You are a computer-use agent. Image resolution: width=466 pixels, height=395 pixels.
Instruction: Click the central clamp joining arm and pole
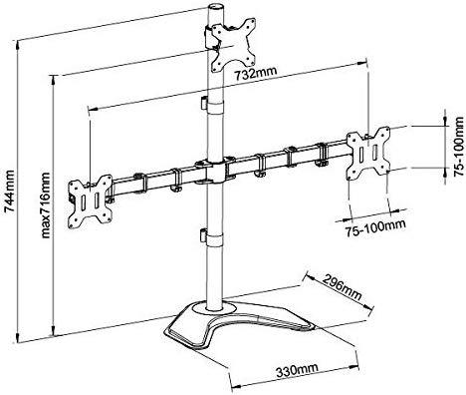click(x=210, y=171)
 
